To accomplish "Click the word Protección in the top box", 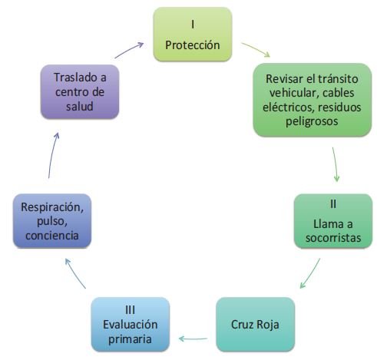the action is pyautogui.click(x=193, y=45).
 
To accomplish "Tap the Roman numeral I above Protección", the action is pyautogui.click(x=193, y=25).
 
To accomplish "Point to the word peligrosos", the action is pyautogui.click(x=312, y=121).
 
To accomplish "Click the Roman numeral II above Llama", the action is pyautogui.click(x=333, y=204).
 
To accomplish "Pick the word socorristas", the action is pyautogui.click(x=333, y=238).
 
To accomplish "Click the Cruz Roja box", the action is pyautogui.click(x=256, y=324).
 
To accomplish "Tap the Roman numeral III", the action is pyautogui.click(x=131, y=310).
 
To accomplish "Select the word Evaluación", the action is pyautogui.click(x=131, y=325).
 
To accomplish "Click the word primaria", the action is pyautogui.click(x=130, y=339).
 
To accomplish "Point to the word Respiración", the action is pyautogui.click(x=52, y=207).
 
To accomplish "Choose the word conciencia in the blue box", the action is pyautogui.click(x=52, y=236).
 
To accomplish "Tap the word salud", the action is pyautogui.click(x=80, y=106).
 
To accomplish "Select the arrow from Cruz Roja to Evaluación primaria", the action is pyautogui.click(x=193, y=339).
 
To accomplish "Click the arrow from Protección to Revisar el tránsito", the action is pyautogui.click(x=256, y=49).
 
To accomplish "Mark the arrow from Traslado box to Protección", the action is pyautogui.click(x=129, y=50).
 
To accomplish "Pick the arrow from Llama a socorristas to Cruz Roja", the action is pyautogui.click(x=310, y=272).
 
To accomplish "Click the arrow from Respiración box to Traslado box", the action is pyautogui.click(x=52, y=154).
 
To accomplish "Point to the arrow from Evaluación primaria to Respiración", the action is pyautogui.click(x=74, y=272).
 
